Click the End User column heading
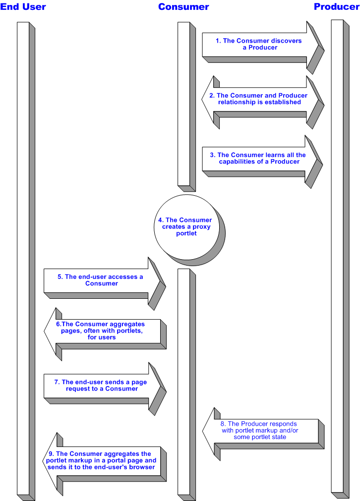pos(23,7)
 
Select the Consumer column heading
pos(183,7)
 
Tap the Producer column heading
pos(336,7)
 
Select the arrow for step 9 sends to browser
pos(104,460)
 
